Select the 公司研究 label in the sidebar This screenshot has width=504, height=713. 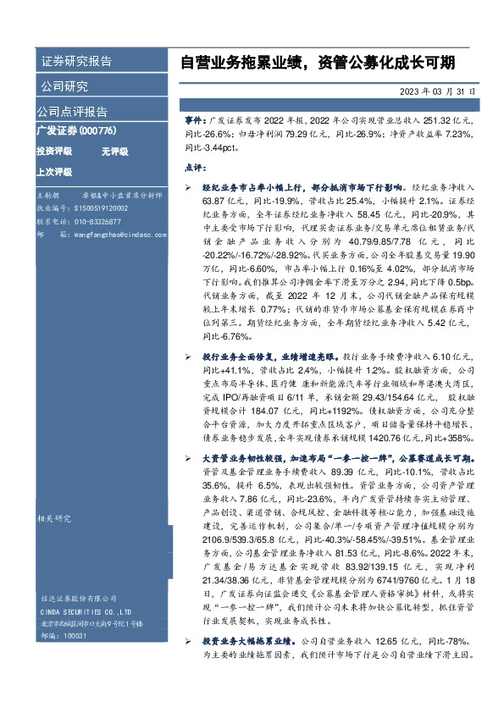64,86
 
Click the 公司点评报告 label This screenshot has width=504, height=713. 72,111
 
